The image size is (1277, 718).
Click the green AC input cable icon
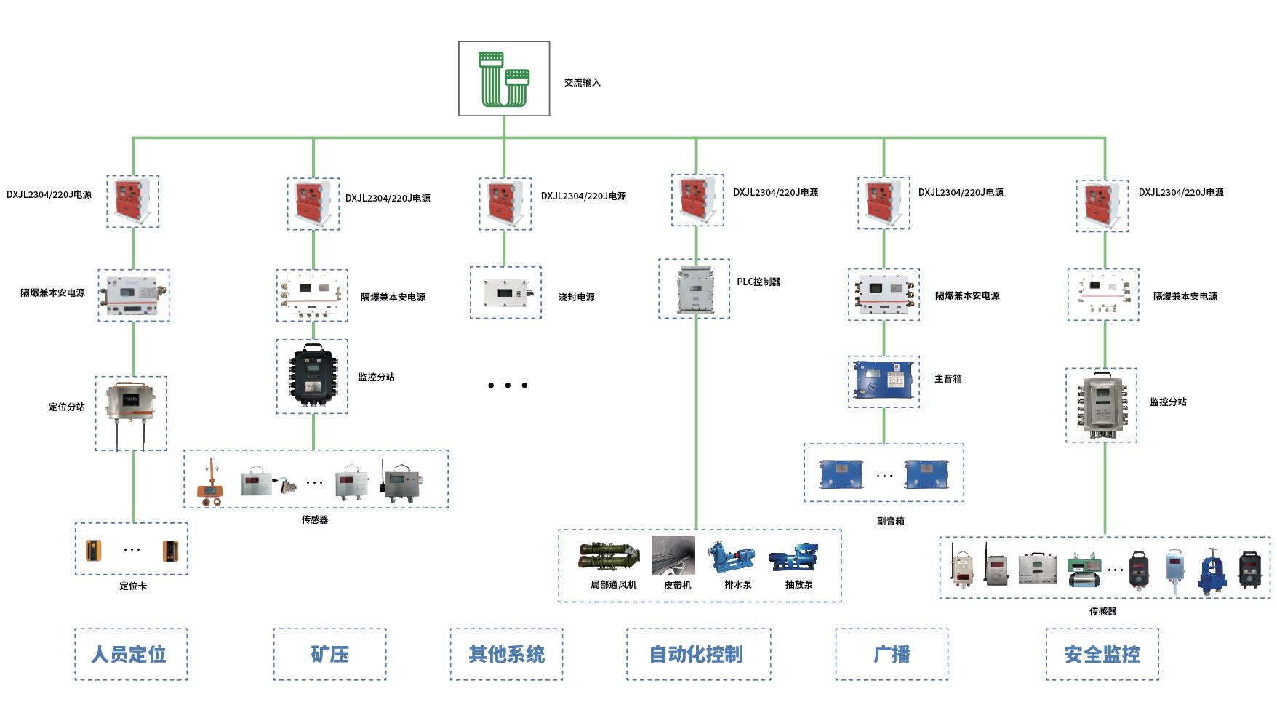[x=504, y=79]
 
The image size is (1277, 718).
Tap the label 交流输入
[x=583, y=83]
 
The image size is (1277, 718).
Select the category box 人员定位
[x=131, y=654]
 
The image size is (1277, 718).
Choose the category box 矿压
[x=329, y=654]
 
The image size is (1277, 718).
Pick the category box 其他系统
[x=506, y=654]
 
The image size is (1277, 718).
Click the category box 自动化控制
[x=698, y=654]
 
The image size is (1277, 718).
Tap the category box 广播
[x=892, y=654]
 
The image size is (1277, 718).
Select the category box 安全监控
[x=1102, y=654]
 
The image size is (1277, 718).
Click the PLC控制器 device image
[x=694, y=289]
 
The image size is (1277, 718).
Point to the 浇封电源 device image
[x=505, y=292]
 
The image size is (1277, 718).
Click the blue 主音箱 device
[x=884, y=380]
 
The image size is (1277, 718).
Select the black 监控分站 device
[x=312, y=376]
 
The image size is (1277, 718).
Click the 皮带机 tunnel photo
[x=673, y=556]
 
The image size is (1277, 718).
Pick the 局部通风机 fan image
[x=609, y=557]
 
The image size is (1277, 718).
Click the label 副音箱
[x=891, y=521]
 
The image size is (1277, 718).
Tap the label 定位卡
[x=133, y=586]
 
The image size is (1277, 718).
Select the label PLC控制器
[x=758, y=282]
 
